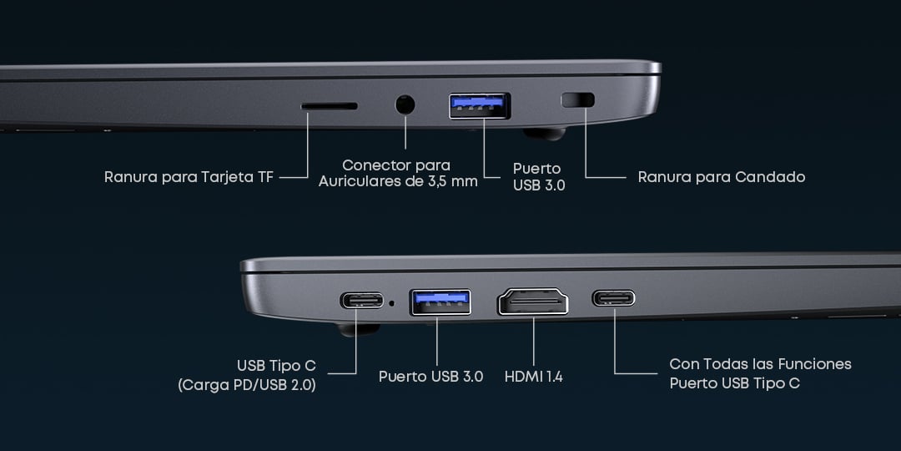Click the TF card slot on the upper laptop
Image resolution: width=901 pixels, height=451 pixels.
click(330, 106)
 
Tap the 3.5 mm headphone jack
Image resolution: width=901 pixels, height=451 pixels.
click(405, 104)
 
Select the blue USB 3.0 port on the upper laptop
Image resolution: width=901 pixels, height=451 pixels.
click(479, 106)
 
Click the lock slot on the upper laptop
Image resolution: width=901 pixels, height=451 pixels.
click(577, 100)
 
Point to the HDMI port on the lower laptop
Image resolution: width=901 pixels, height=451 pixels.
click(533, 302)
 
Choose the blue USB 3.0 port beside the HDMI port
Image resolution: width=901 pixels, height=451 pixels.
click(440, 302)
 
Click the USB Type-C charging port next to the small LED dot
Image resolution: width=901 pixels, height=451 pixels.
click(361, 301)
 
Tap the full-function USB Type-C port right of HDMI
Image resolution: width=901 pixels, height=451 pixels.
click(614, 298)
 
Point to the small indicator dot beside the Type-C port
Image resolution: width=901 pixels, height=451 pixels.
click(392, 302)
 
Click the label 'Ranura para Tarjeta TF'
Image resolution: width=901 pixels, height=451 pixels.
click(189, 176)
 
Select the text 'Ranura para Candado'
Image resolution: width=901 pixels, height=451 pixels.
click(721, 176)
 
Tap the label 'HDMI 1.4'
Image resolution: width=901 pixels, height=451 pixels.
click(533, 377)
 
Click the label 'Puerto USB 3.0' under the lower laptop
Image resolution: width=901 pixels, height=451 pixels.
click(431, 377)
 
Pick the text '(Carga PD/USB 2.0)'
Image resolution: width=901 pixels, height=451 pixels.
click(247, 385)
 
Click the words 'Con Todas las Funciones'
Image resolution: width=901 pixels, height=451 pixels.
click(760, 364)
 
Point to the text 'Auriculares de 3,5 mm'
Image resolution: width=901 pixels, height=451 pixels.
click(398, 182)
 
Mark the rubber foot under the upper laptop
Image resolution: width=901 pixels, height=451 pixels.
click(545, 134)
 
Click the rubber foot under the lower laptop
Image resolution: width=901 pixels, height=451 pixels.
click(359, 330)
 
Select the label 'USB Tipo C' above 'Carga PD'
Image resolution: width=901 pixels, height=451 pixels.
click(276, 366)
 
